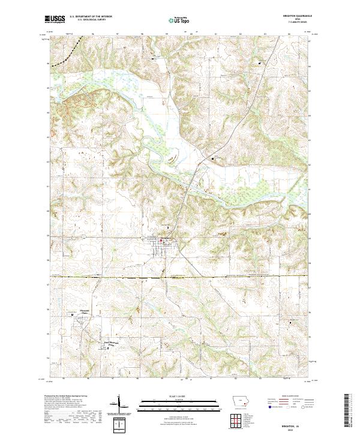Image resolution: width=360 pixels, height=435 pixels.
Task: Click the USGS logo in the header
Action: click(55, 19)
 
